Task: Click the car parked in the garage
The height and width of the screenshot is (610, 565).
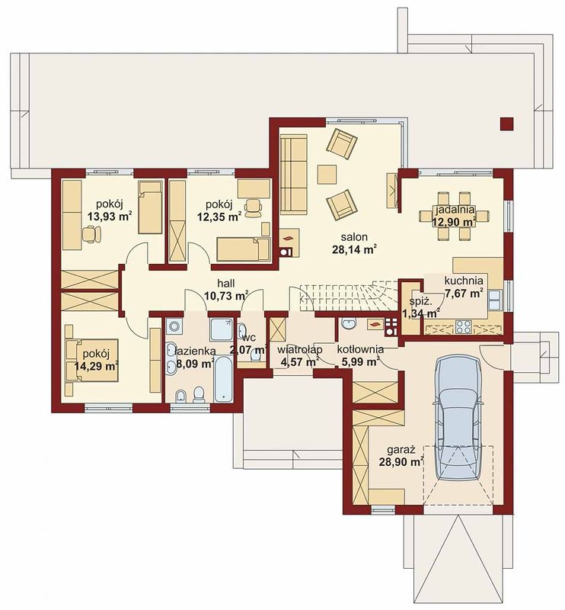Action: point(458,418)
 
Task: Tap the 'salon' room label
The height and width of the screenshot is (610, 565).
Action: point(354,236)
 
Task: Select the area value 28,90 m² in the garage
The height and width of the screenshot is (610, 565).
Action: point(401,462)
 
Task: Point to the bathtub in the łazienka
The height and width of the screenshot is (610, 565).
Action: point(223,380)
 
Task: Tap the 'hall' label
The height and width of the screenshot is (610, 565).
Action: point(225,284)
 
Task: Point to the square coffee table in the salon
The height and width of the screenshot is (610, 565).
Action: point(327,175)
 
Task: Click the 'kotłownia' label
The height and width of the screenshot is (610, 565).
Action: point(360,349)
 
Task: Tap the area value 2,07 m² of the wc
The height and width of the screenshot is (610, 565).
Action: point(249,349)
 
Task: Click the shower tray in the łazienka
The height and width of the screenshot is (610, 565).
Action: point(222,329)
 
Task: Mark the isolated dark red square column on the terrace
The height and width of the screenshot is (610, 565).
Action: point(506,124)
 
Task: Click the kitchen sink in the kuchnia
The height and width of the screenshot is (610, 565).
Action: point(494,300)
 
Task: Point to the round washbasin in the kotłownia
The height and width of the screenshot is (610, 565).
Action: point(349,323)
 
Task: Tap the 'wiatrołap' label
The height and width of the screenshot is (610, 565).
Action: point(299,349)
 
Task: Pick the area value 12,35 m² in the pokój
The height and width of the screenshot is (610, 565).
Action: point(219,217)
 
